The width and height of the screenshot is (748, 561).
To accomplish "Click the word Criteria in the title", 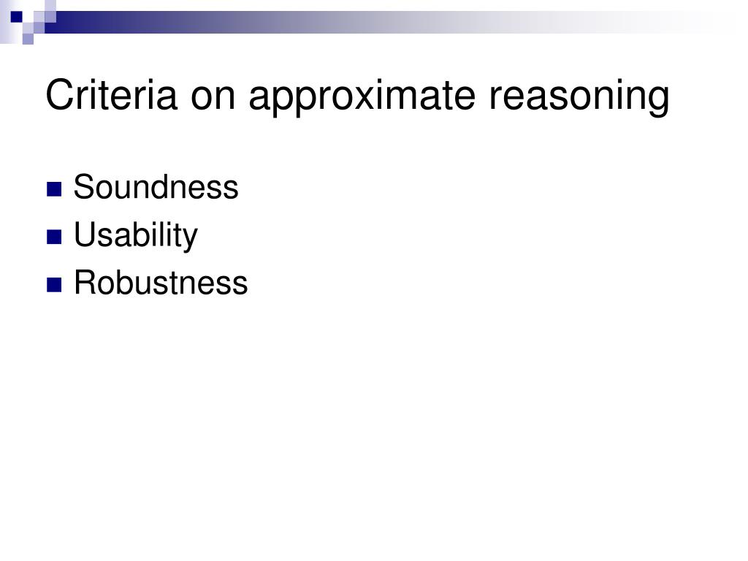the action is (111, 96).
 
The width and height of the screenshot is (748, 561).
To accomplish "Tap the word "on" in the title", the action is (213, 99).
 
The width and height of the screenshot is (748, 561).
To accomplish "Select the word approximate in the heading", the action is (362, 99).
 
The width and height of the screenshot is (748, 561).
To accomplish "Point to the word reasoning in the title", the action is (579, 99).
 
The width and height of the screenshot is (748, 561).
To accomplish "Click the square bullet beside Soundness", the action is (54, 189).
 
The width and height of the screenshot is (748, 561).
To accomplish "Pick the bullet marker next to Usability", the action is (54, 237).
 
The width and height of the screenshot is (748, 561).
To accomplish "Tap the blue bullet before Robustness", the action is (54, 285).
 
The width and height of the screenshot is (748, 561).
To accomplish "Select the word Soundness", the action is (156, 186).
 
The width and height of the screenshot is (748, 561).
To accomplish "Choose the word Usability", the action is (136, 236).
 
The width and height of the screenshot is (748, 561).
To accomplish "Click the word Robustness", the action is (161, 283).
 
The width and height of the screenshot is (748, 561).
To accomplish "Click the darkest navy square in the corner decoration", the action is (16, 17).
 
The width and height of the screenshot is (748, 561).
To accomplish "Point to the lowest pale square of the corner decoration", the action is (28, 39).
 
